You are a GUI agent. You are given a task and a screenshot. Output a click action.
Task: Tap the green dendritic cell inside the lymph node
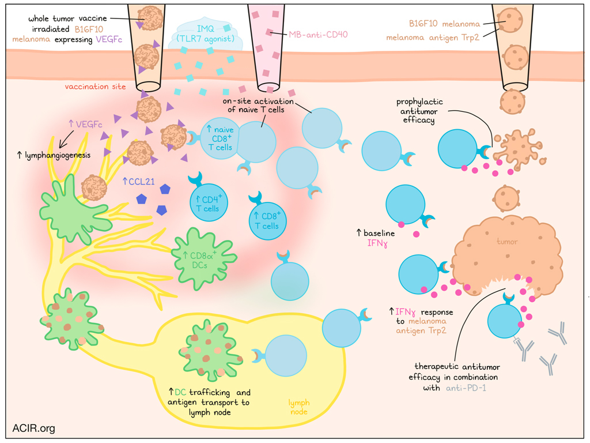209,350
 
